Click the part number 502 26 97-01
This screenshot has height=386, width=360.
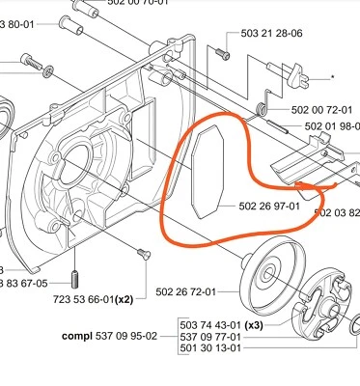(x=270, y=205)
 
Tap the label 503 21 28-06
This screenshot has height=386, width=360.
(x=271, y=33)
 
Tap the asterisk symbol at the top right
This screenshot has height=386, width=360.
(x=334, y=76)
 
